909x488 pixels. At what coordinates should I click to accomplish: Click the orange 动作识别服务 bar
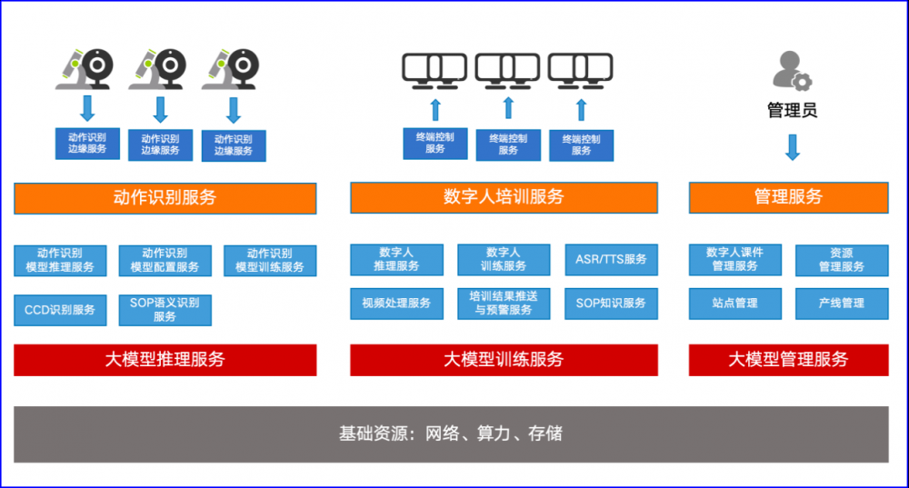click(x=165, y=198)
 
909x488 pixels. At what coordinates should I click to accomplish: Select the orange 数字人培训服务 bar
click(x=504, y=197)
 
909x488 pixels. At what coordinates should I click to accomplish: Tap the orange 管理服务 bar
click(x=788, y=197)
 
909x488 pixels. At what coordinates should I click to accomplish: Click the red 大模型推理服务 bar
click(x=165, y=360)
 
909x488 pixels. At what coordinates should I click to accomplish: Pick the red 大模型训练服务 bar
click(x=504, y=360)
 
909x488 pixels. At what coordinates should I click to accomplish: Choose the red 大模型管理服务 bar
click(x=788, y=360)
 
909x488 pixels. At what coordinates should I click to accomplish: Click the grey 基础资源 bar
click(x=451, y=434)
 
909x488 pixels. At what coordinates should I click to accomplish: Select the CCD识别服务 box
click(x=60, y=310)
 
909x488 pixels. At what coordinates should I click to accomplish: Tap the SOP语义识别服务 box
click(x=165, y=310)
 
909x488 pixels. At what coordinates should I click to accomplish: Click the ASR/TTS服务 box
click(x=611, y=260)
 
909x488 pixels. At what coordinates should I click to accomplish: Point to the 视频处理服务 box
click(x=396, y=304)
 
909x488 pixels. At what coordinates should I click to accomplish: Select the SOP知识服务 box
click(x=611, y=304)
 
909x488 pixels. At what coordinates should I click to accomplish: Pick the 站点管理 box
click(x=735, y=304)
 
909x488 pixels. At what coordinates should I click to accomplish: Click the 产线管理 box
click(x=842, y=304)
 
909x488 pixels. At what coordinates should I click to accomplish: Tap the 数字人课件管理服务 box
click(x=735, y=260)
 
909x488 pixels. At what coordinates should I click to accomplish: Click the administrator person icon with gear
click(x=792, y=71)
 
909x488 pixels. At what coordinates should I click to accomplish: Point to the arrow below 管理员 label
click(x=793, y=147)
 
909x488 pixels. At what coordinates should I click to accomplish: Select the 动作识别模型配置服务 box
click(x=165, y=260)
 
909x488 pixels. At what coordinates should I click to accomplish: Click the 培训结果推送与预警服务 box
click(x=504, y=304)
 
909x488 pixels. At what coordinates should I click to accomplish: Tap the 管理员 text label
click(x=792, y=110)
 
